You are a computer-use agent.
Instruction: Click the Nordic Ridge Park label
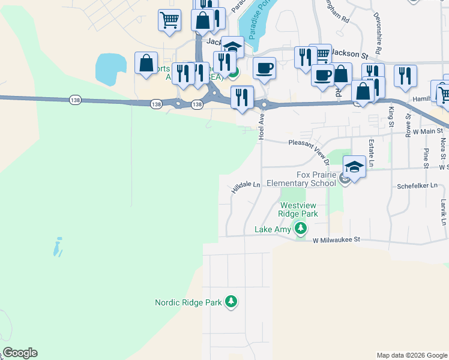(x=188, y=303)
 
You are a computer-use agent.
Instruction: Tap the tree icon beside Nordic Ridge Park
(x=231, y=302)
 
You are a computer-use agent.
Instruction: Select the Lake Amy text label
(x=273, y=229)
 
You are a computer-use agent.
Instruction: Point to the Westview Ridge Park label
(x=298, y=209)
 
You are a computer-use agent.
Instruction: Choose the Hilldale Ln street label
(x=246, y=188)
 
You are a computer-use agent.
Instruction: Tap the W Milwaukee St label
(x=336, y=239)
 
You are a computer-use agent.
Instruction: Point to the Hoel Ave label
(x=261, y=128)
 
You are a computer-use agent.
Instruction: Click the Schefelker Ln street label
(x=420, y=187)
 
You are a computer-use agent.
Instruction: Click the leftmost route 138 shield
(x=74, y=99)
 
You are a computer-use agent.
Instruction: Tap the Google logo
(x=20, y=353)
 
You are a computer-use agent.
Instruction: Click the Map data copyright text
(x=412, y=355)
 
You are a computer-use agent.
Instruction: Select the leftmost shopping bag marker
(x=146, y=62)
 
